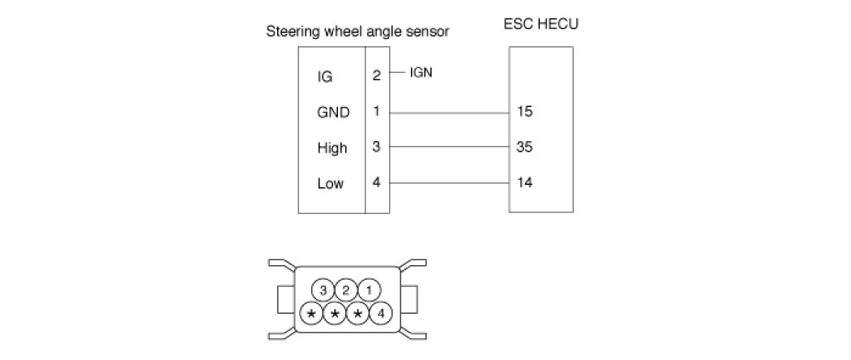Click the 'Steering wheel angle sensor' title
357,32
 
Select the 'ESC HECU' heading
541,24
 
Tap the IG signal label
324,77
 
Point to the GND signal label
333,113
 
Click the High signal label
332,148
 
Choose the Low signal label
330,183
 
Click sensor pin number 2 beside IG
376,75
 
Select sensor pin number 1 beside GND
376,111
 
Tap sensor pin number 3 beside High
376,147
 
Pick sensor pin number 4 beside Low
376,182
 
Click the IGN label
421,72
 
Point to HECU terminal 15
524,112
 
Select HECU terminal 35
524,148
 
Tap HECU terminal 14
524,182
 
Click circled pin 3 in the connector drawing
323,290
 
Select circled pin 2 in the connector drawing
346,290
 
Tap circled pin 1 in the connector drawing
369,290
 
